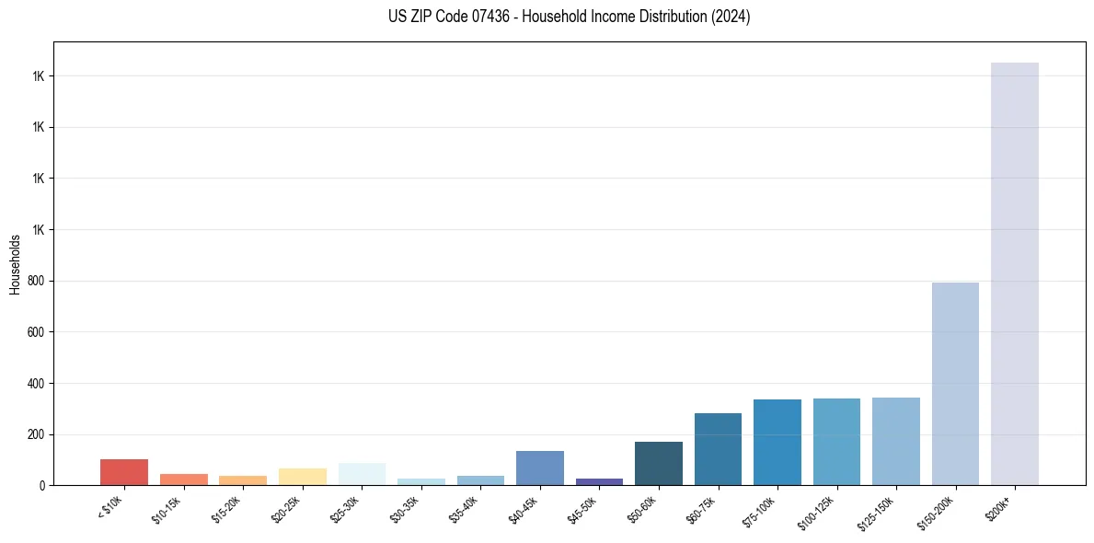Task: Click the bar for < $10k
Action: (x=124, y=472)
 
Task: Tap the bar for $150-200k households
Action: (x=955, y=384)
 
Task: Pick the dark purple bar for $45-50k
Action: (x=599, y=481)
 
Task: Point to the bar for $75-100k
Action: (x=777, y=443)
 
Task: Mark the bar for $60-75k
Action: (x=718, y=449)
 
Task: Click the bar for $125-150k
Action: (x=896, y=442)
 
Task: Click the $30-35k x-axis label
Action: (x=406, y=508)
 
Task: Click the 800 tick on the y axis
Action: (x=36, y=281)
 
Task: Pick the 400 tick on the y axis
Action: (x=36, y=383)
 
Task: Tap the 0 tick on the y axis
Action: (x=41, y=485)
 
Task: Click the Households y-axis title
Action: (x=15, y=263)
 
